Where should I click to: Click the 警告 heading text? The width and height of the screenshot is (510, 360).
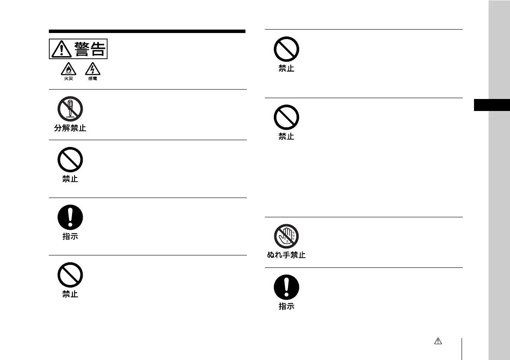(x=90, y=49)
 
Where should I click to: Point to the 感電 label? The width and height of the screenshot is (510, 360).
(x=92, y=79)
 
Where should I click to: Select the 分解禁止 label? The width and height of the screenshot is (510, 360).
(x=70, y=128)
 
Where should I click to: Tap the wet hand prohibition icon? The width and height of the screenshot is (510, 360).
(x=286, y=236)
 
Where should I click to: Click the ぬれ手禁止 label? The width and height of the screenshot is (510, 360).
(x=286, y=255)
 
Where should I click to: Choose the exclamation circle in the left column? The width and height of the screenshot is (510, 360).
(x=70, y=217)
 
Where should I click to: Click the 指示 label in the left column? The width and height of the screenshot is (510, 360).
(x=70, y=237)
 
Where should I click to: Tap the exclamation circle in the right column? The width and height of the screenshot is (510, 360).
(x=286, y=287)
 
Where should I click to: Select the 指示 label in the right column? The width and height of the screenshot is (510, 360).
(x=286, y=306)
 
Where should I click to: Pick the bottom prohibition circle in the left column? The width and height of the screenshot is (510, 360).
(x=70, y=275)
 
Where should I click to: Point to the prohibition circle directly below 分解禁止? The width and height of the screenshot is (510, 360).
(x=70, y=159)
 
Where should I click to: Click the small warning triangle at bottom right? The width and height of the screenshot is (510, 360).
(x=438, y=341)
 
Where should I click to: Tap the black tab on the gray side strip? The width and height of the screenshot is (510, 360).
(x=492, y=105)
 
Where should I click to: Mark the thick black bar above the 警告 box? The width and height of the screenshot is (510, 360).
(x=147, y=31)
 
